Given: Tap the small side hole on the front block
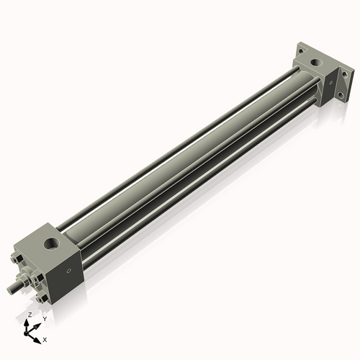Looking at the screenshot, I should (69, 271).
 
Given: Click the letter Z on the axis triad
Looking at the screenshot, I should (29, 315).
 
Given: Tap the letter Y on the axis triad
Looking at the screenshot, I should (44, 318).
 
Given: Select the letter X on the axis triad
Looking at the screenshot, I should (45, 338).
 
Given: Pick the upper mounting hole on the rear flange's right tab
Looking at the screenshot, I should (344, 75).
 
